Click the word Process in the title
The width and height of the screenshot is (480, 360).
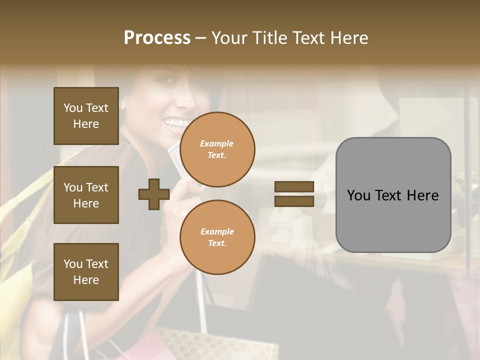coord(157,38)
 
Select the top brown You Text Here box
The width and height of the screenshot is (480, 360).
coord(86,116)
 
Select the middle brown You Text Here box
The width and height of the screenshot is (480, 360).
coord(86,195)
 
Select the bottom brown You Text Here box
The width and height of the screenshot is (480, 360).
coord(86,271)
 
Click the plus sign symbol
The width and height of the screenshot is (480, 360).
coord(153,194)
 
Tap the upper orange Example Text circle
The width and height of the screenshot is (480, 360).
coord(217,149)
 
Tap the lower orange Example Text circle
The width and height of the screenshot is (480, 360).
coord(217,237)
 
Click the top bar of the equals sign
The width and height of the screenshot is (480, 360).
coord(294,186)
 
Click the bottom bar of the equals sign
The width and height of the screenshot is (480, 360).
coord(294,201)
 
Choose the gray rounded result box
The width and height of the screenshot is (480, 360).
coord(393,195)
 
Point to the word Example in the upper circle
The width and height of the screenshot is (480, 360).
coord(217,143)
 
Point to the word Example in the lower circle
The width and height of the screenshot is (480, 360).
coord(217,231)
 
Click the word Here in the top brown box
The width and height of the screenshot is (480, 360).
coord(86,124)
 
